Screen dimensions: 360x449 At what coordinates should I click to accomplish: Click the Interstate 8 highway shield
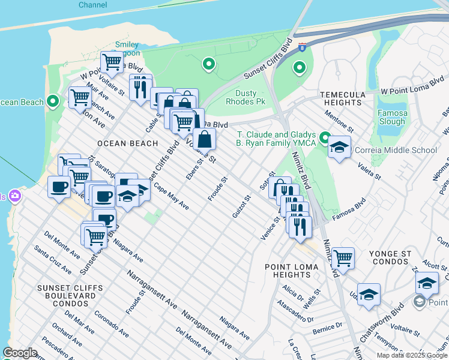click(302, 46)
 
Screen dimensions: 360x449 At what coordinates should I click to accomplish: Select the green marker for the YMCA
click(325, 139)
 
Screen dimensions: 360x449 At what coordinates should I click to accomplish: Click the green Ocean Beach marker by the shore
click(52, 101)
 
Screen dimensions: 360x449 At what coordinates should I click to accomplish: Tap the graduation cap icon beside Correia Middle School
click(339, 148)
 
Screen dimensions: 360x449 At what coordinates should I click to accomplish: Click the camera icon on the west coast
click(13, 196)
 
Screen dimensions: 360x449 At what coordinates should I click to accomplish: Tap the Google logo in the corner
click(20, 353)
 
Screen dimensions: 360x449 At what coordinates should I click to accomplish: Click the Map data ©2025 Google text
click(412, 355)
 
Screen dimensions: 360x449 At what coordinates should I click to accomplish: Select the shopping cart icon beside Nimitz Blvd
click(343, 258)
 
